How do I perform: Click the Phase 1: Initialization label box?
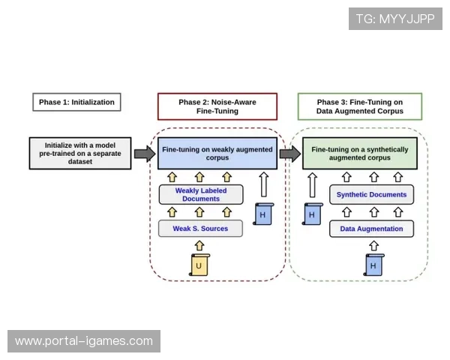[x=77, y=101]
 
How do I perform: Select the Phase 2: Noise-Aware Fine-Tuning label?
[x=217, y=106]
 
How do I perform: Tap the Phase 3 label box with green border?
[x=359, y=106]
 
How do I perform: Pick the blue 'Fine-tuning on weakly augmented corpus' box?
[x=217, y=154]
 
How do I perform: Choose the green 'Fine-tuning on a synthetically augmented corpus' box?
[x=360, y=154]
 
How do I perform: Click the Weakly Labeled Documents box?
[x=201, y=195]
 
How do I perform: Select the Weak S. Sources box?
[x=201, y=228]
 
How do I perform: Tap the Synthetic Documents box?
[x=371, y=195]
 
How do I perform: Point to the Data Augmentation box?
[x=371, y=228]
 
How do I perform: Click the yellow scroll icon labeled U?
[x=199, y=265]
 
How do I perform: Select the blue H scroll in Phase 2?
[x=262, y=214]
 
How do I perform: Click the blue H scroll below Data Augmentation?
[x=372, y=265]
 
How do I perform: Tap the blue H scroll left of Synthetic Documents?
[x=310, y=214]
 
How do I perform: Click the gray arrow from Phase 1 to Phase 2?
[x=144, y=154]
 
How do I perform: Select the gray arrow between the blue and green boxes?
[x=289, y=154]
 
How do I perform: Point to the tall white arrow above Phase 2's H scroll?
[x=262, y=184]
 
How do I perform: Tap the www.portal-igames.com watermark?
[x=84, y=341]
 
